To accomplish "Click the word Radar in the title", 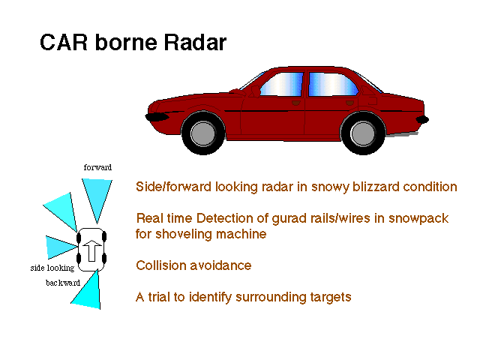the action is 195,42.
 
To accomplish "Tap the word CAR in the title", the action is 64,42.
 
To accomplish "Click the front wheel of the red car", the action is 203,133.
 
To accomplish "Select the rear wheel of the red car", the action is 363,133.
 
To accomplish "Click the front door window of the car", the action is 282,84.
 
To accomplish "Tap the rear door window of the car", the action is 333,84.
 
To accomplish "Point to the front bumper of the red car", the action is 157,117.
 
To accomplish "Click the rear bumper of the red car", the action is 422,119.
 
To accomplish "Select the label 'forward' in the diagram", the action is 97,167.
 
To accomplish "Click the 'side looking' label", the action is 52,268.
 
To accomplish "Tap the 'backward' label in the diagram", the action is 63,283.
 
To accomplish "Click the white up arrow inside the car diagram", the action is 91,250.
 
